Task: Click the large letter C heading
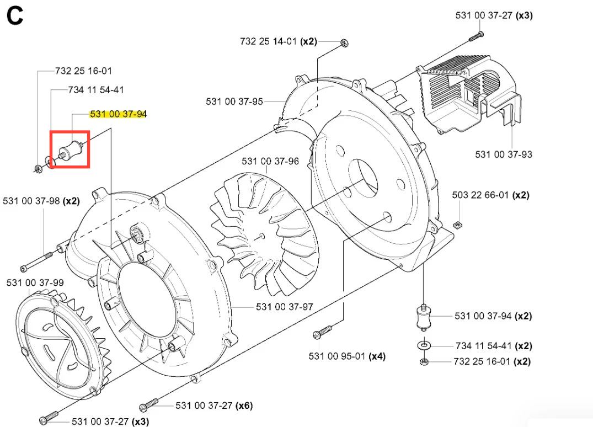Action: tap(15, 16)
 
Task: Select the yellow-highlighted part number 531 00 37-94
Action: tap(118, 114)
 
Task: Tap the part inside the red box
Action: tap(71, 150)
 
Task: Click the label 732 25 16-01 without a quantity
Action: tap(83, 71)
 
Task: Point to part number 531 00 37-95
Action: tap(234, 102)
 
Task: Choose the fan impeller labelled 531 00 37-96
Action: tap(264, 234)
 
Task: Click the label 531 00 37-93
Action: tap(504, 154)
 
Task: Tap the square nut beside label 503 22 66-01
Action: tap(457, 226)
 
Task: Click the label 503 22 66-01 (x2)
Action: tap(490, 195)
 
